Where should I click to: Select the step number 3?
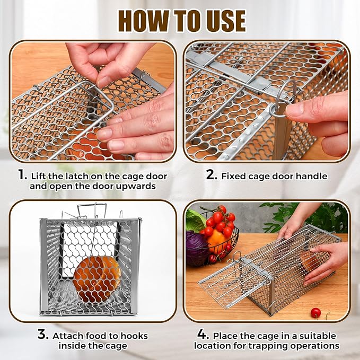(43, 335)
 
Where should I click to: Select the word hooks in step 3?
(133, 336)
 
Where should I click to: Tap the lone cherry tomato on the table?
(316, 313)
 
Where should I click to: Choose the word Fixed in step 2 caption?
(234, 177)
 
